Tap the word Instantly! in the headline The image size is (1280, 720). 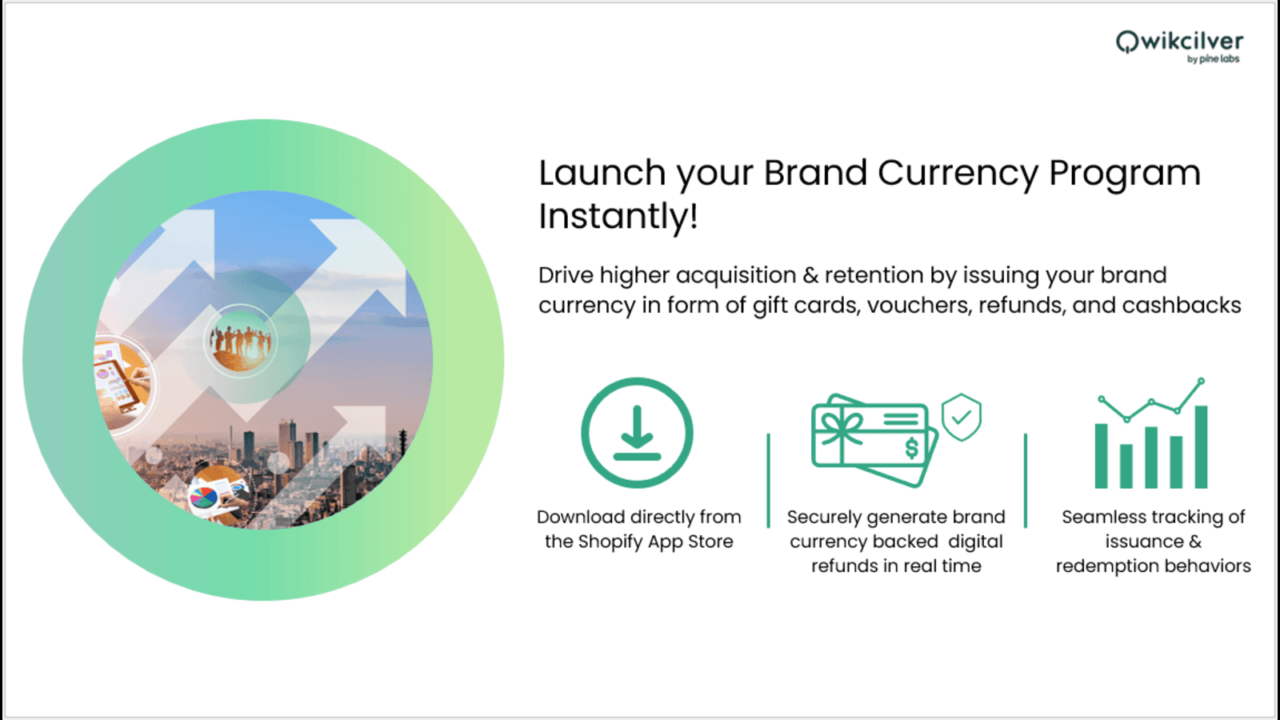[618, 216]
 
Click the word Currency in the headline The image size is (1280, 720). [958, 174]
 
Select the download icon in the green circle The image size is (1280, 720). [637, 433]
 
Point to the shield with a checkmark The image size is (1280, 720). [961, 417]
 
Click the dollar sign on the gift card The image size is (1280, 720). [911, 448]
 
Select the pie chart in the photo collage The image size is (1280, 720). [203, 498]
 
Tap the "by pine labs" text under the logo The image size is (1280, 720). [1213, 59]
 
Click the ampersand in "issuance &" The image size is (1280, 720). [1195, 542]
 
